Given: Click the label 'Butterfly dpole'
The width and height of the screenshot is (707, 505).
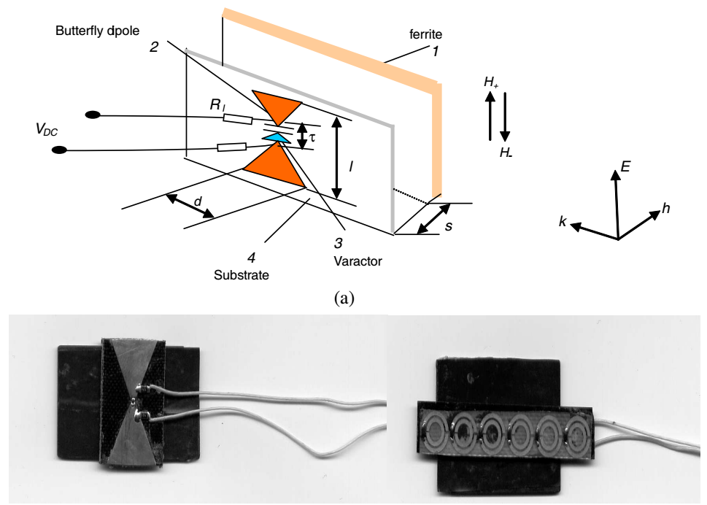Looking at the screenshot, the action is pyautogui.click(x=97, y=31).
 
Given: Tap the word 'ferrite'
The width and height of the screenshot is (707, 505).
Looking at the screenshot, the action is pyautogui.click(x=425, y=34).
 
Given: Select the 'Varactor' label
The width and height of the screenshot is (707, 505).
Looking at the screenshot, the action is pyautogui.click(x=358, y=261).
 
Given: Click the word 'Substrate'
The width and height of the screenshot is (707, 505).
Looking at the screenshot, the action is pyautogui.click(x=242, y=275).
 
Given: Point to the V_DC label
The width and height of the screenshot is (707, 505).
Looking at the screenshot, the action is pyautogui.click(x=47, y=130).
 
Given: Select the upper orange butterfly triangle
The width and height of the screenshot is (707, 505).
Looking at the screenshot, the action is pyautogui.click(x=277, y=106).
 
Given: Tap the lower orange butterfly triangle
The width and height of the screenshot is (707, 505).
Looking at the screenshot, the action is pyautogui.click(x=275, y=166).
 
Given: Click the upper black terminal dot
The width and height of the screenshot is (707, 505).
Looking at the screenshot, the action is pyautogui.click(x=93, y=115).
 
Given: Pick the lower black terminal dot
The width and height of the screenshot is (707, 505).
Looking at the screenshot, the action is pyautogui.click(x=59, y=150).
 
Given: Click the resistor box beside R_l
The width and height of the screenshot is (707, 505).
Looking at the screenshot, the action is pyautogui.click(x=238, y=120).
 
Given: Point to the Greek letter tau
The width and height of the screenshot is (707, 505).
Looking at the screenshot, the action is pyautogui.click(x=312, y=136).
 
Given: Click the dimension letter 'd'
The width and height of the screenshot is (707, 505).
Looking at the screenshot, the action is pyautogui.click(x=198, y=201).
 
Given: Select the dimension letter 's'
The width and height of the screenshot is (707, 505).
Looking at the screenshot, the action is pyautogui.click(x=448, y=226).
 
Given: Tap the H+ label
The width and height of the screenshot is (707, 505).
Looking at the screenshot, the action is pyautogui.click(x=491, y=82).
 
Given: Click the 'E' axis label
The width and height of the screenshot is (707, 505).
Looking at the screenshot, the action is pyautogui.click(x=625, y=167).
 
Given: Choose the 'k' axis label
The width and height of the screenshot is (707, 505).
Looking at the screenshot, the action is pyautogui.click(x=563, y=221).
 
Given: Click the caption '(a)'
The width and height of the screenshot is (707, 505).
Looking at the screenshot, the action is pyautogui.click(x=344, y=298).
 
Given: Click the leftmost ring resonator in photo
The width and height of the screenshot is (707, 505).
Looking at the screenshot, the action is pyautogui.click(x=434, y=430).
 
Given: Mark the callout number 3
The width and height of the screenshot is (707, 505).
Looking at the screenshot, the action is pyautogui.click(x=338, y=244).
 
